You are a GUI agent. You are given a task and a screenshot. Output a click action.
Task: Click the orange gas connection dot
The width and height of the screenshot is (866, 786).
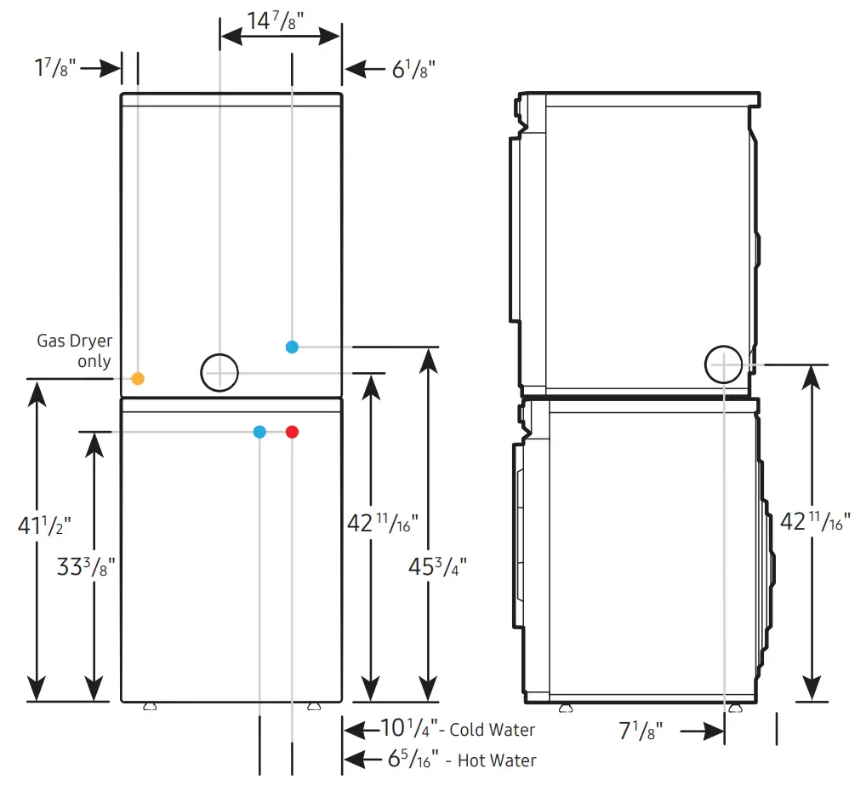[138, 377]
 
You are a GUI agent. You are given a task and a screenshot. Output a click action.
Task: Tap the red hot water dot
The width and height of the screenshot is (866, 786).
[292, 432]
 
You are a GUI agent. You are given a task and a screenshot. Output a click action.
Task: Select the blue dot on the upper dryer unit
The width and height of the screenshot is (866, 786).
[292, 347]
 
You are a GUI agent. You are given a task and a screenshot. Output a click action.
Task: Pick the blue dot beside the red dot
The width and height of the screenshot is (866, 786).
[259, 432]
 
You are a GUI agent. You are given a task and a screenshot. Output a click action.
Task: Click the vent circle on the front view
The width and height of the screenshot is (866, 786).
[219, 372]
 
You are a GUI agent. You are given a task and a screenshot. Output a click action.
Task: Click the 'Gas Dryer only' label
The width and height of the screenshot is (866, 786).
[75, 351]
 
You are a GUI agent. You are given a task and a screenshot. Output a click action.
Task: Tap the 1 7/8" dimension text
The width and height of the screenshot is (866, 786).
[55, 68]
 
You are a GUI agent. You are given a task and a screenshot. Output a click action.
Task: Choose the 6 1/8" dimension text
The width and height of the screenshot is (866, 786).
[414, 68]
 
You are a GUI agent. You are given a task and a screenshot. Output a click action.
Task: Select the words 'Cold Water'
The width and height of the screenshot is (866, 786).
[493, 730]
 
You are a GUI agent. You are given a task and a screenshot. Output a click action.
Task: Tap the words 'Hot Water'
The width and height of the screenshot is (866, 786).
[497, 760]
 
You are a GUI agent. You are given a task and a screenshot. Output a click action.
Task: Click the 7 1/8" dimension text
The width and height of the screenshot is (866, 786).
[639, 730]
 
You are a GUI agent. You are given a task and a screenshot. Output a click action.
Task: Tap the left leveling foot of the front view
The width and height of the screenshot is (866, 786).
[151, 706]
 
